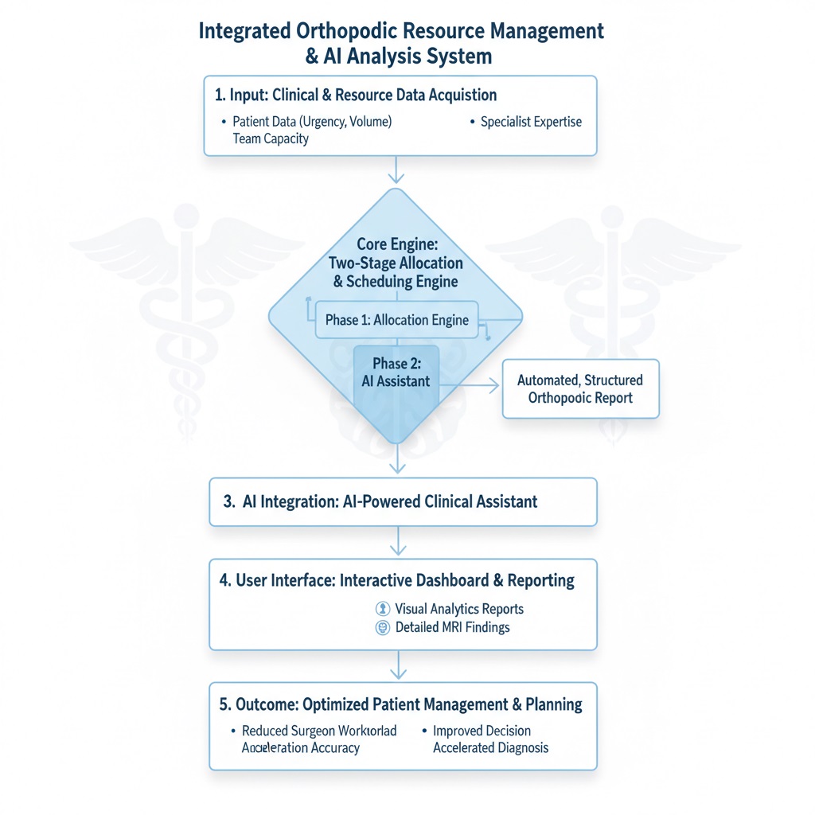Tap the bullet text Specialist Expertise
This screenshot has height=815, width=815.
(x=531, y=122)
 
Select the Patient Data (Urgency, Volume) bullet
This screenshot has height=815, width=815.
(x=312, y=122)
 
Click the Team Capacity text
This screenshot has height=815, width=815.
(x=271, y=138)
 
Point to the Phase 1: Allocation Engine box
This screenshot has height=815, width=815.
(x=397, y=320)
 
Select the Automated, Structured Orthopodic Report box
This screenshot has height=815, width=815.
(x=580, y=388)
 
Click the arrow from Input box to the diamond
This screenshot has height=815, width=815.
(x=396, y=170)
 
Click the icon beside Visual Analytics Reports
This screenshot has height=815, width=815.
(x=382, y=609)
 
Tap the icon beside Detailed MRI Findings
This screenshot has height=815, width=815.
(x=382, y=627)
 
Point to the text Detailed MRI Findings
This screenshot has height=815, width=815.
(x=452, y=627)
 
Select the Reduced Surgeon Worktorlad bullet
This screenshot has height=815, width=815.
(x=319, y=731)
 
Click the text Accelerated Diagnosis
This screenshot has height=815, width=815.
(x=490, y=748)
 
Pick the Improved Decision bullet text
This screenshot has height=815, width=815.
(x=482, y=731)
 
